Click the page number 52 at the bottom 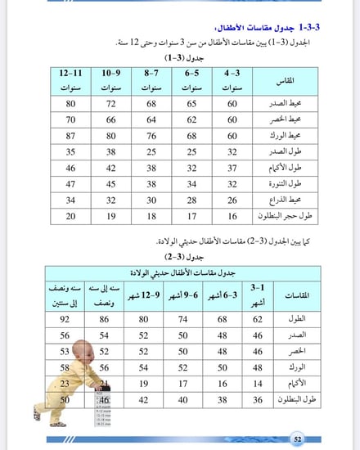pyautogui.click(x=299, y=439)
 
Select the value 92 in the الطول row pyautogui.click(x=65, y=320)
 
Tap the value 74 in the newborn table pyautogui.click(x=183, y=320)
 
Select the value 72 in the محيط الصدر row pyautogui.click(x=111, y=103)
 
